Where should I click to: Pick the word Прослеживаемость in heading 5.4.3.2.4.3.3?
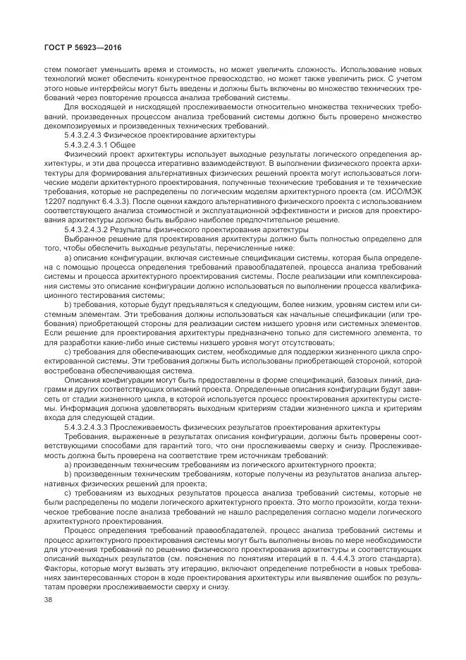154,428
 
